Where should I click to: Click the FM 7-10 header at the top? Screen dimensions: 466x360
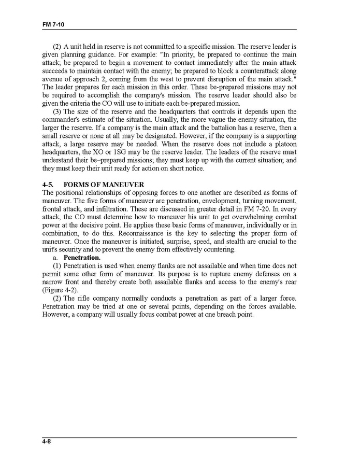53,24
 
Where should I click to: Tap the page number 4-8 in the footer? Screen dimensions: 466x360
49,442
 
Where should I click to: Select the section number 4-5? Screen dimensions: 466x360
49,185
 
